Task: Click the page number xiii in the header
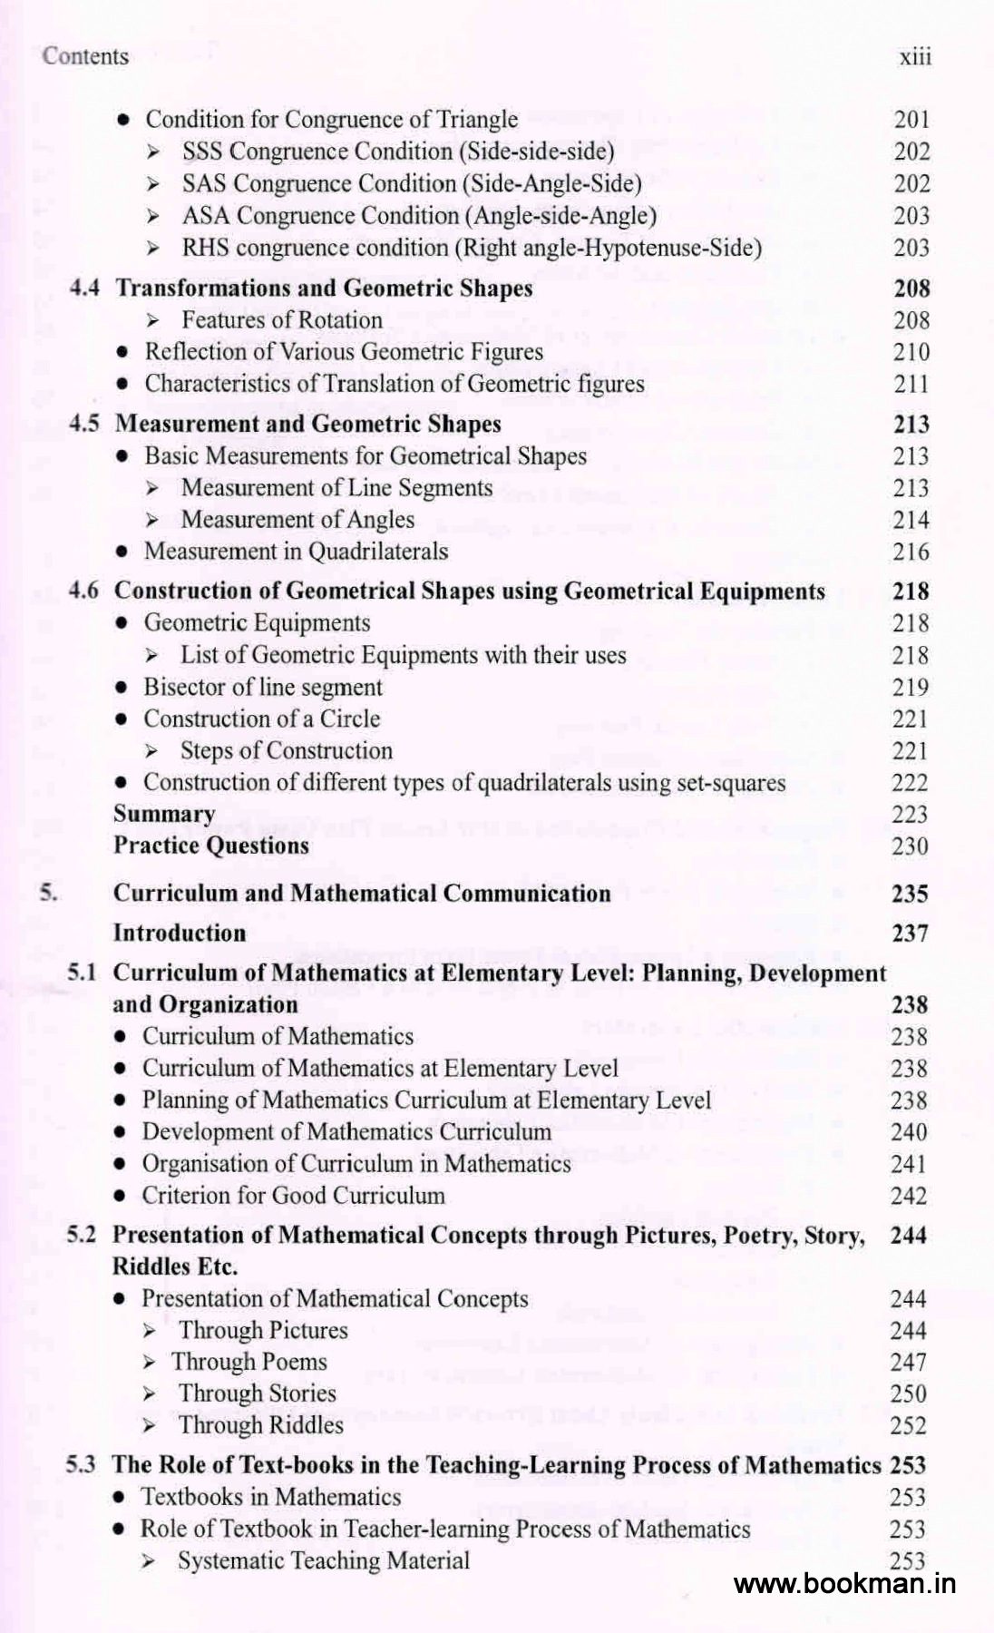915,57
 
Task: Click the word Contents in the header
85,56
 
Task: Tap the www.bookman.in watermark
844,1584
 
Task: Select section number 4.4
84,288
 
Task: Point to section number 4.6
83,592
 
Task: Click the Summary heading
164,814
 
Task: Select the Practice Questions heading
210,846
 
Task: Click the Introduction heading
179,933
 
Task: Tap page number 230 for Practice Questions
910,846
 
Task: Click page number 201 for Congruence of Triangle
911,120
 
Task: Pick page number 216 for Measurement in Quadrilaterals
911,552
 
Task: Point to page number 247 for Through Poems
909,1362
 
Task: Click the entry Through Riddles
260,1425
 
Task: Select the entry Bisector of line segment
263,687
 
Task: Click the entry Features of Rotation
281,320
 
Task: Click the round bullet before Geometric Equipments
124,623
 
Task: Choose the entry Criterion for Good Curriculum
293,1195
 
